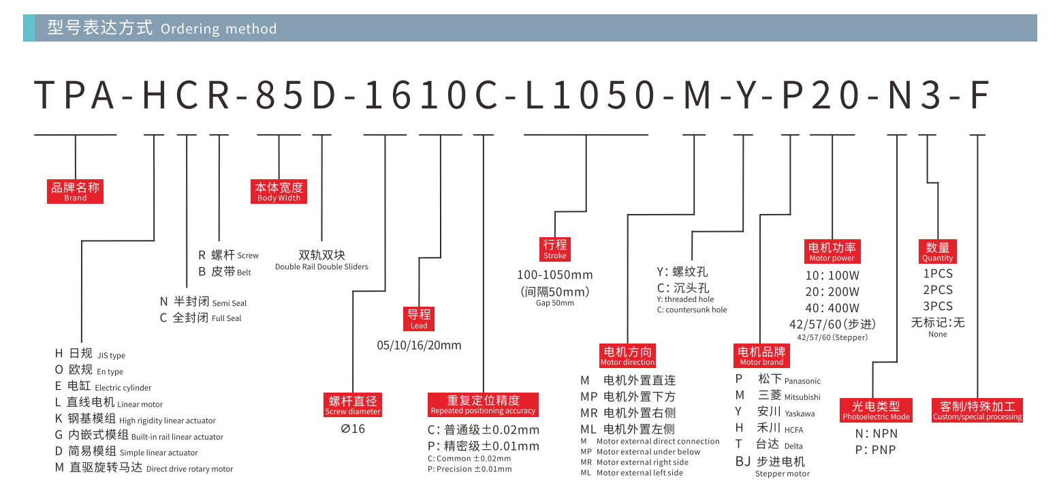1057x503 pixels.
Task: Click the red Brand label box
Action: pos(75,192)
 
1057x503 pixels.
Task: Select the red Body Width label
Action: pos(279,192)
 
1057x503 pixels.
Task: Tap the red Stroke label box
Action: pos(555,249)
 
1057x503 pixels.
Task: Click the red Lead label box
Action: pos(419,318)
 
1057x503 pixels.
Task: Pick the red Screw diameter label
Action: pos(353,405)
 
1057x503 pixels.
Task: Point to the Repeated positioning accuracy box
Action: pos(483,405)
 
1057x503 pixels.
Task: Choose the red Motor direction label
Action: pos(628,356)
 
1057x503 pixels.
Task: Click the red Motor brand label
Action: pos(761,356)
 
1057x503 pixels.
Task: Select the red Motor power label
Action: pos(832,251)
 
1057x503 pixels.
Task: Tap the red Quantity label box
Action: pos(937,251)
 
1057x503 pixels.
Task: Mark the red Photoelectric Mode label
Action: pos(876,410)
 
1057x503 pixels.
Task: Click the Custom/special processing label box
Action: pos(977,410)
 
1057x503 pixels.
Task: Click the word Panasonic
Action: pos(802,381)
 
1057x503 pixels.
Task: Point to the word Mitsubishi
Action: pos(802,397)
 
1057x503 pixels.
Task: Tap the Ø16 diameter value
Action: pos(353,429)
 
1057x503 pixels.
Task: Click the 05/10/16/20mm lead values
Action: pos(419,346)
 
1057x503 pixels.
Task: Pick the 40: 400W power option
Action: pos(832,308)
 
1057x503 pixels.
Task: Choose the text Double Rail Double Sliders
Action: pos(321,267)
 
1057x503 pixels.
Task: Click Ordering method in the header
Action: pos(219,29)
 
